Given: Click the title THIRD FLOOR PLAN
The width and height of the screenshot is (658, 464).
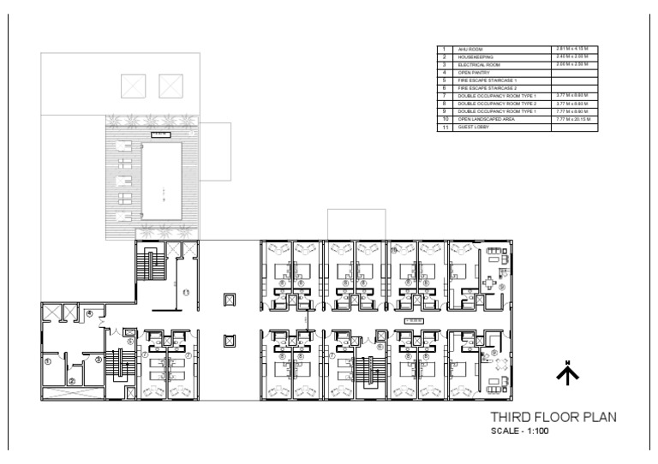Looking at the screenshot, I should pos(553,418).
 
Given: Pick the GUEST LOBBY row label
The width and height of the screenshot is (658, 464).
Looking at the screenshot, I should pos(472,128).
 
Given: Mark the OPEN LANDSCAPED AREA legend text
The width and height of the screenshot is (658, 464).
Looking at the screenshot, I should pos(485,121).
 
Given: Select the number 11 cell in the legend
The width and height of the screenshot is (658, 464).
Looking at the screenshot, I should pos(445,128).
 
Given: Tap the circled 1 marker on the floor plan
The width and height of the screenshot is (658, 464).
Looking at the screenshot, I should pos(48,361).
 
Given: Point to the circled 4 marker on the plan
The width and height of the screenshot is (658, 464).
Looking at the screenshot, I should pos(89,313).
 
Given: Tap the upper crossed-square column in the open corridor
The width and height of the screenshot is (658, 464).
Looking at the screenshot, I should pos(229,300).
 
